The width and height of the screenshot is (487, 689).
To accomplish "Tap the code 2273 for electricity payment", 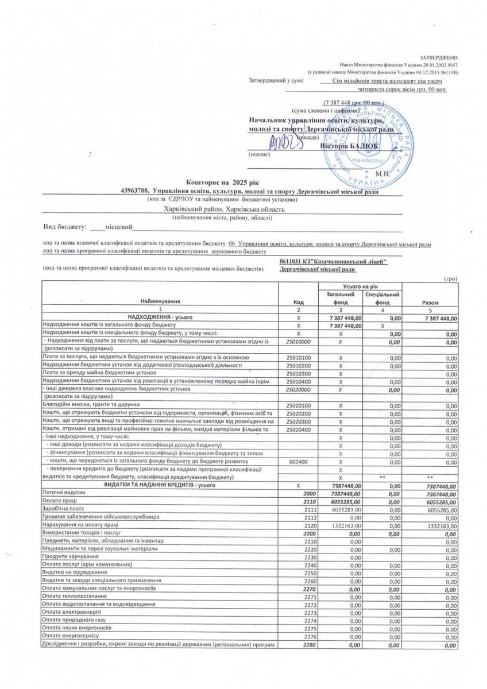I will pyautogui.click(x=310, y=613).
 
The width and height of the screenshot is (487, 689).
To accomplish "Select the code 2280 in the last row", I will pyautogui.click(x=310, y=645).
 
